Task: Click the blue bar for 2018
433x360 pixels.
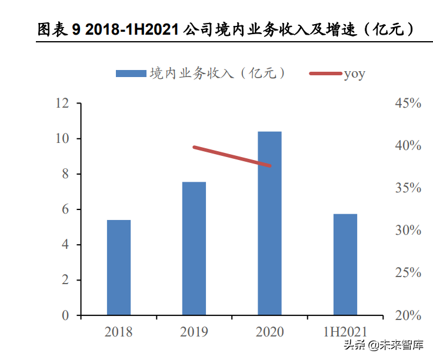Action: [x=119, y=268]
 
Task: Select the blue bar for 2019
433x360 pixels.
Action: [x=194, y=248]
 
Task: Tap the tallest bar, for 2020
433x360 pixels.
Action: [x=269, y=224]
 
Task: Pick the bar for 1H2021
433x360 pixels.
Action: [x=345, y=265]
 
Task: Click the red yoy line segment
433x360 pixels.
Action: [x=232, y=156]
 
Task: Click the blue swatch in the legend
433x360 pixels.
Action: [x=131, y=74]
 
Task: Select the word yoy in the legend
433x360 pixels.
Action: [x=355, y=74]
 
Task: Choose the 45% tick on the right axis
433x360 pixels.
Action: [x=407, y=104]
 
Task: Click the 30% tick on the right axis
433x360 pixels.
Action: [x=407, y=231]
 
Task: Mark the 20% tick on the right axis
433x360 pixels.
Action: [x=407, y=315]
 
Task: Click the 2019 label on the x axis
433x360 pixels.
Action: [x=194, y=332]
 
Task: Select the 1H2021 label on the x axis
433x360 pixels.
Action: [x=345, y=332]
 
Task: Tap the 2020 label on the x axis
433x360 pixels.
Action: [x=269, y=332]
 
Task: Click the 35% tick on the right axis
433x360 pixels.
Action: [x=407, y=188]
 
